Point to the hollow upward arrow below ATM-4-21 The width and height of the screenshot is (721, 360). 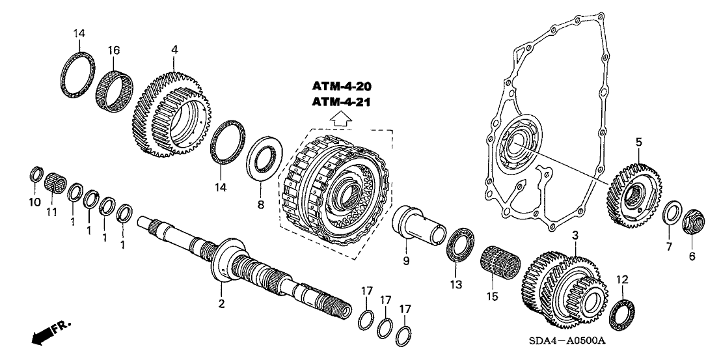pos(346,119)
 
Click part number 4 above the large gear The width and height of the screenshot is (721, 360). pos(174,49)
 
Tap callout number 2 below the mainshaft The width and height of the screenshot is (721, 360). pos(221,303)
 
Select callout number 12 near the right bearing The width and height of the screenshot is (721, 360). pos(622,279)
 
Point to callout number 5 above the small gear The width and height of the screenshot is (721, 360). pos(638,141)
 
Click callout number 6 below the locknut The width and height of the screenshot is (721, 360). pos(692,256)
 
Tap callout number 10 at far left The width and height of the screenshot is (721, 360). pos(34,202)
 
